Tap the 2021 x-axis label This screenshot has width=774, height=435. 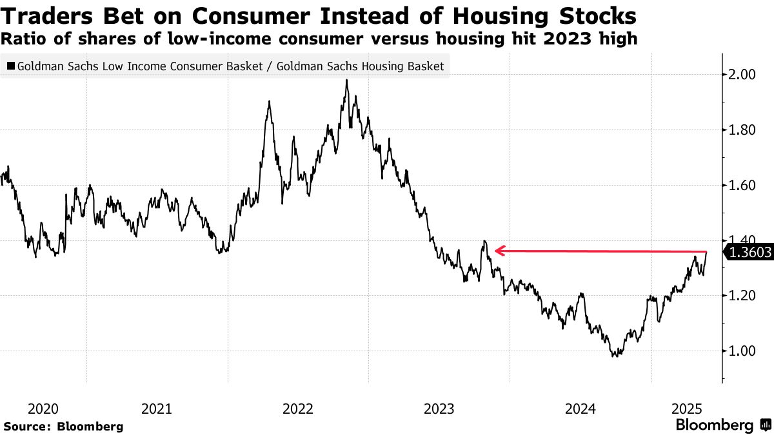[156, 409]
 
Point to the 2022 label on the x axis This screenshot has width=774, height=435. [298, 409]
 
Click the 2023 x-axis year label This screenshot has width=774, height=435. [439, 409]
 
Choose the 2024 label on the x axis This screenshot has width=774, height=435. [580, 409]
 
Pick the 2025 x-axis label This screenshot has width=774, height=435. [687, 409]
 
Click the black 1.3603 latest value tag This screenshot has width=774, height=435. [749, 253]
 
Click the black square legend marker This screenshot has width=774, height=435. [10, 66]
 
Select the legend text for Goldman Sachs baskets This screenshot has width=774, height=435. [231, 66]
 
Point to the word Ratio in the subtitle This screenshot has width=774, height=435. [20, 39]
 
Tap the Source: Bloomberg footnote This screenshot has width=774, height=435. [63, 426]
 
